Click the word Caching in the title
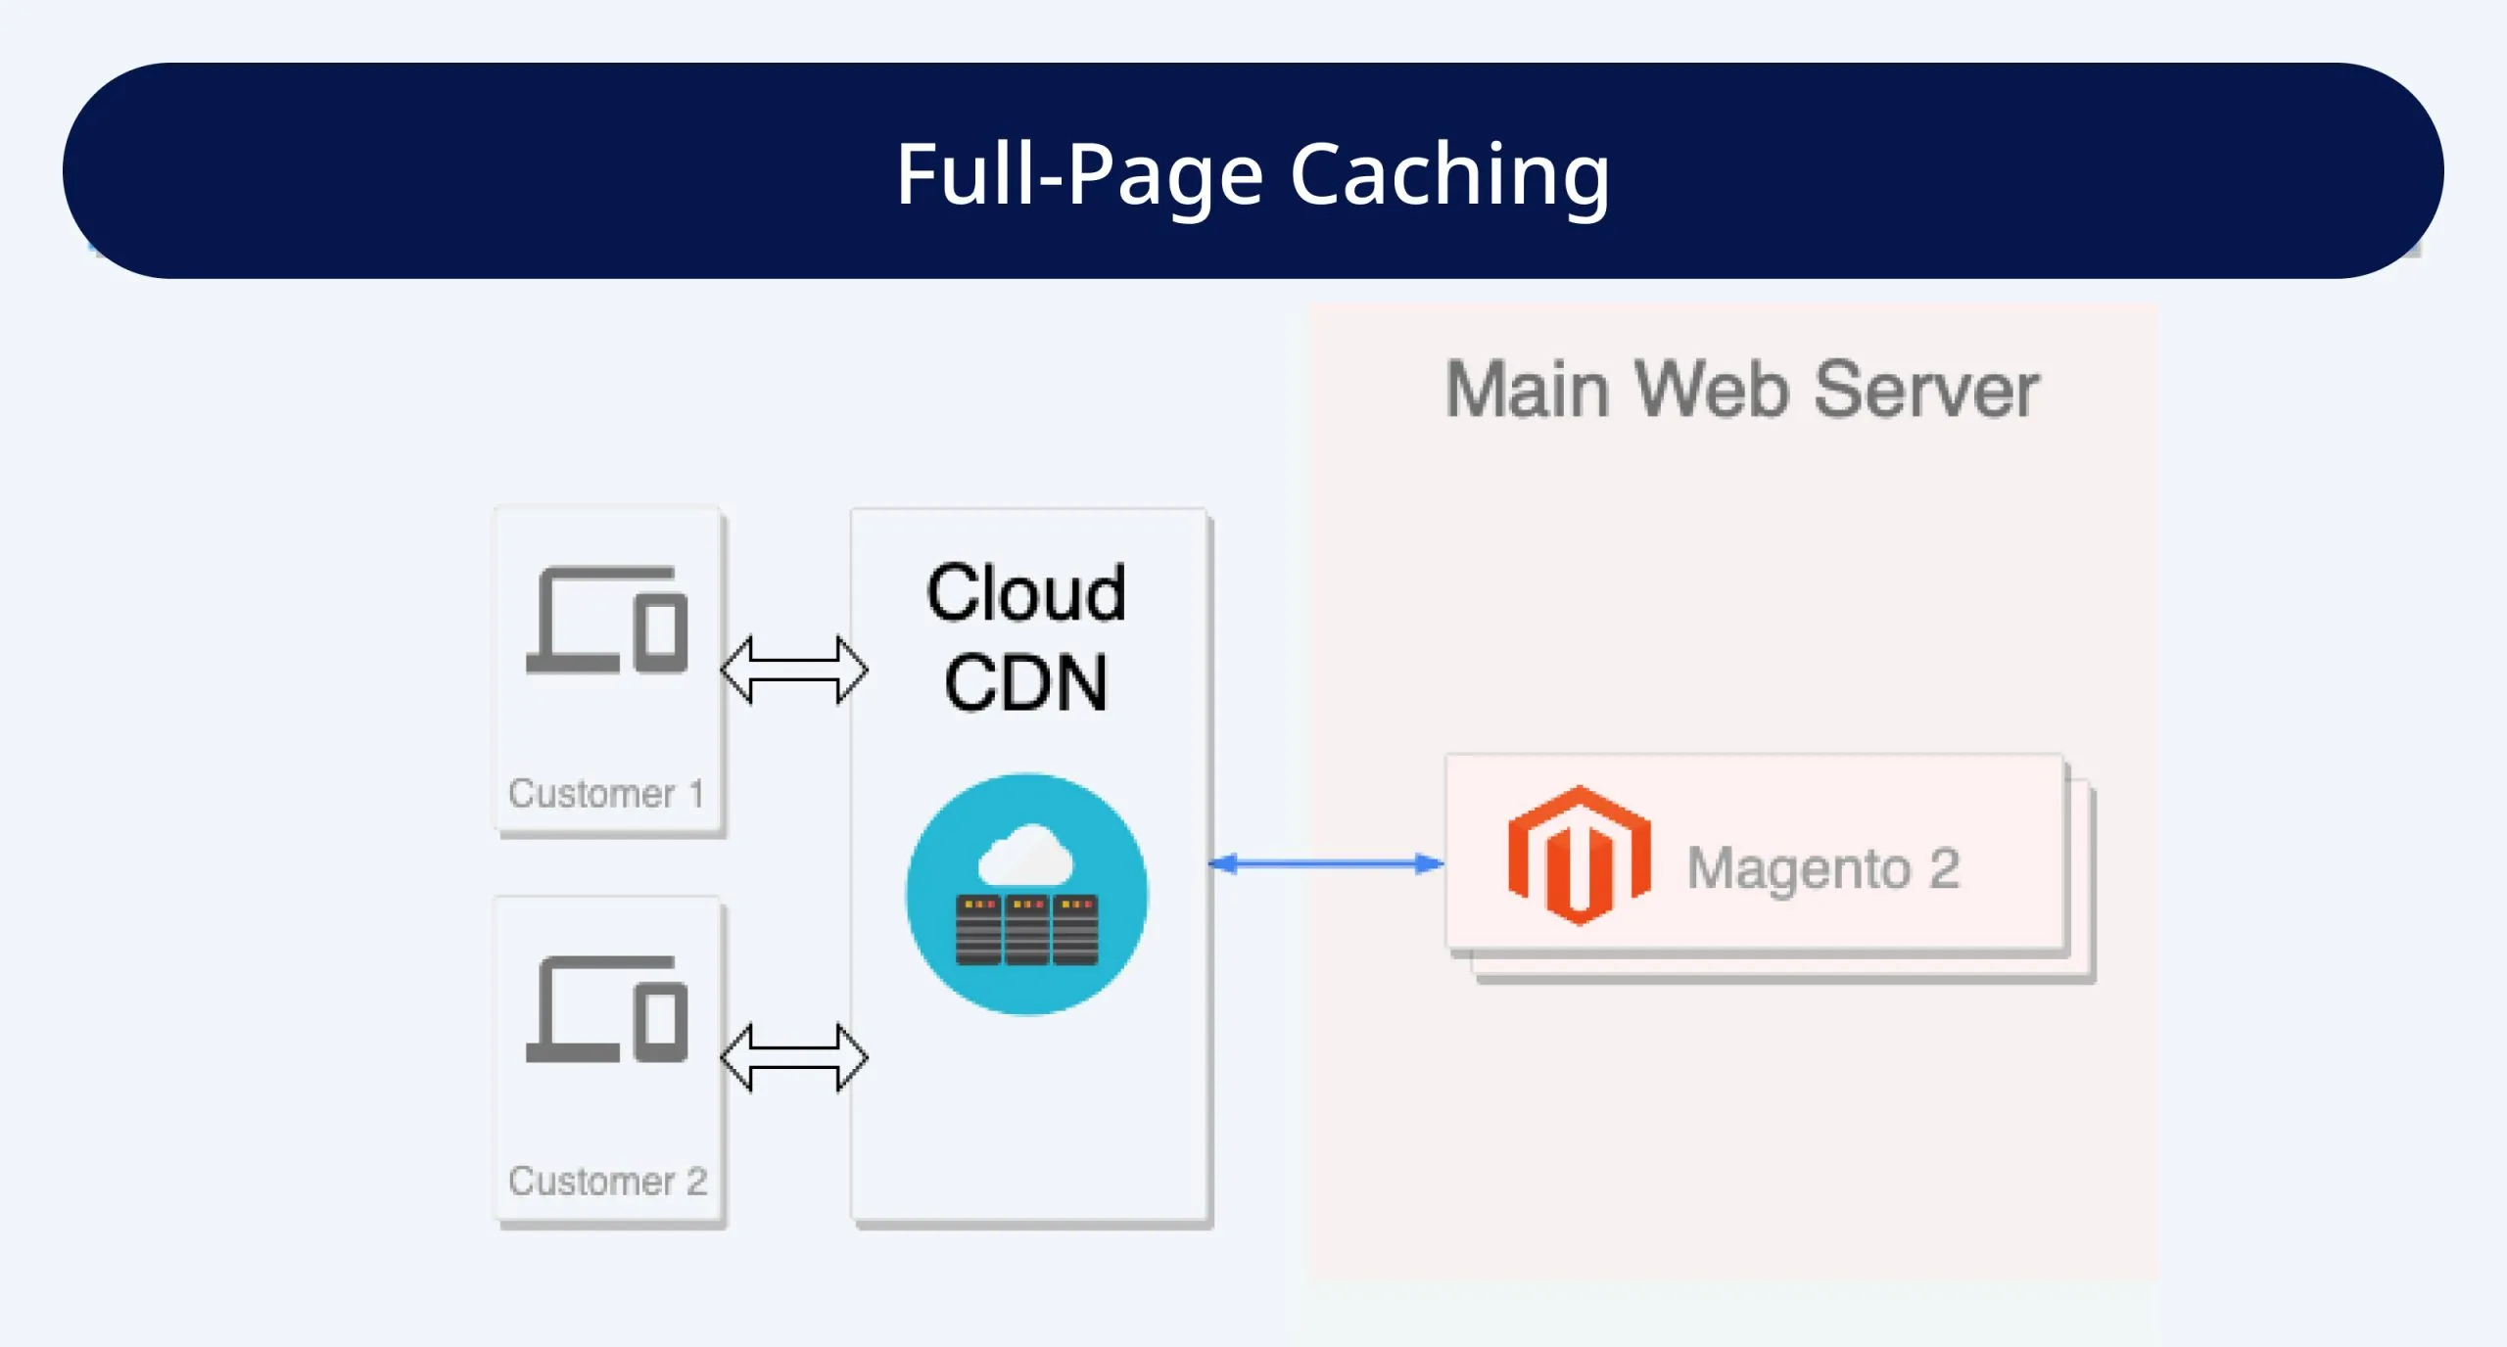1449,174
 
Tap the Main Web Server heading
1741,390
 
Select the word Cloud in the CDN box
1025,593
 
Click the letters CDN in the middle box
1025,682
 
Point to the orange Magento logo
1579,856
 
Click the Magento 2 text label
1822,868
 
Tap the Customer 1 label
606,793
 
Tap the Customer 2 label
607,1182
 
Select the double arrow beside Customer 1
793,670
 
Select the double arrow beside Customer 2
793,1057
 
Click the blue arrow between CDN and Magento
1326,863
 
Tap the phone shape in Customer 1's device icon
661,631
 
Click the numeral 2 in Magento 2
1944,868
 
